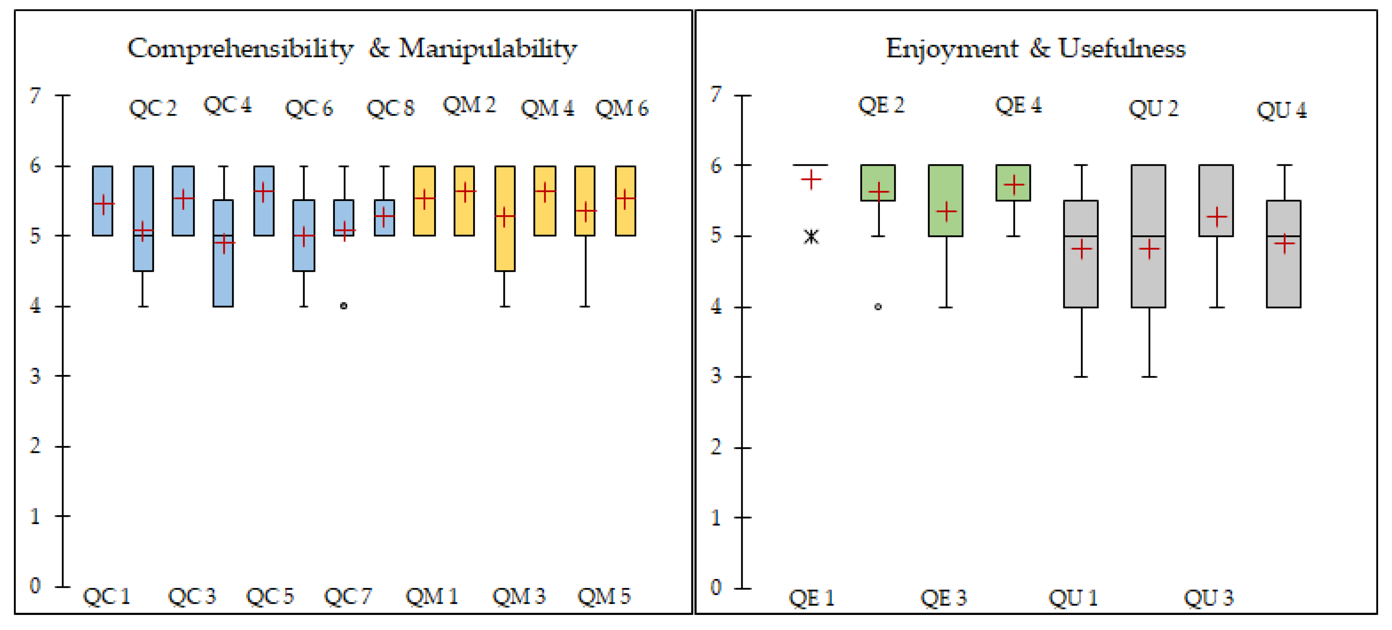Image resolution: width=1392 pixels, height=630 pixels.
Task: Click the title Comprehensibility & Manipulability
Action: point(352,49)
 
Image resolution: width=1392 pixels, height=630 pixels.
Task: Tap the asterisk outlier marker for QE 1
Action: point(811,236)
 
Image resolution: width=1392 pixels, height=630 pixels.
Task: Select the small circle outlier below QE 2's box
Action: point(878,306)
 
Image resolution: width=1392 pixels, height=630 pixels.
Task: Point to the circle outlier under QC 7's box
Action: point(344,306)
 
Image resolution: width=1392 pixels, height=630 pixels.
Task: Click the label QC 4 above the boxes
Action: point(227,105)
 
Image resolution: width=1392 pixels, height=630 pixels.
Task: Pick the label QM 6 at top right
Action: point(621,108)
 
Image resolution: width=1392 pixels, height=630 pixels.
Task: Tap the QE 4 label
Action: point(1018,105)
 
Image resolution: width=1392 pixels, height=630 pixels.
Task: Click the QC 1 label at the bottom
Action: point(107,596)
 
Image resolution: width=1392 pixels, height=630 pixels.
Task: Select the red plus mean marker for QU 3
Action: point(1216,217)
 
